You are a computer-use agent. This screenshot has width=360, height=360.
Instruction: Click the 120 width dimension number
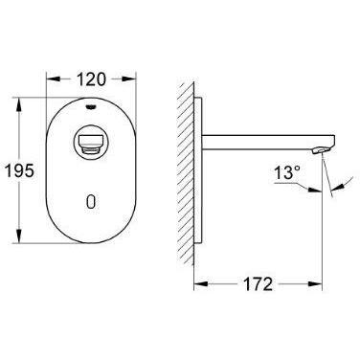tap(91, 79)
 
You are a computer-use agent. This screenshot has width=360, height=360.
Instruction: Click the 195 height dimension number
tap(19, 170)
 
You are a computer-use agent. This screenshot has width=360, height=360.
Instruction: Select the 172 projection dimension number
tap(258, 283)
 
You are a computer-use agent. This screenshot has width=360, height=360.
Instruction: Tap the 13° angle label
tap(287, 173)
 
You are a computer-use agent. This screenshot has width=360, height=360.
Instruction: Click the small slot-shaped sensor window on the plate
tap(91, 202)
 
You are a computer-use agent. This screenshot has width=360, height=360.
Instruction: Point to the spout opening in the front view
tap(91, 141)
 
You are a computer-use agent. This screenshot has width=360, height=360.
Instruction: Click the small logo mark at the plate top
tap(91, 107)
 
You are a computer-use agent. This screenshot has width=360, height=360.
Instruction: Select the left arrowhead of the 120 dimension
tap(53, 79)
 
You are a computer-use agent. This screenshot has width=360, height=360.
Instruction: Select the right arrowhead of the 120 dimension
tap(129, 79)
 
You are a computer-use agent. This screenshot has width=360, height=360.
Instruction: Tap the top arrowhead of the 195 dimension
tap(20, 104)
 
